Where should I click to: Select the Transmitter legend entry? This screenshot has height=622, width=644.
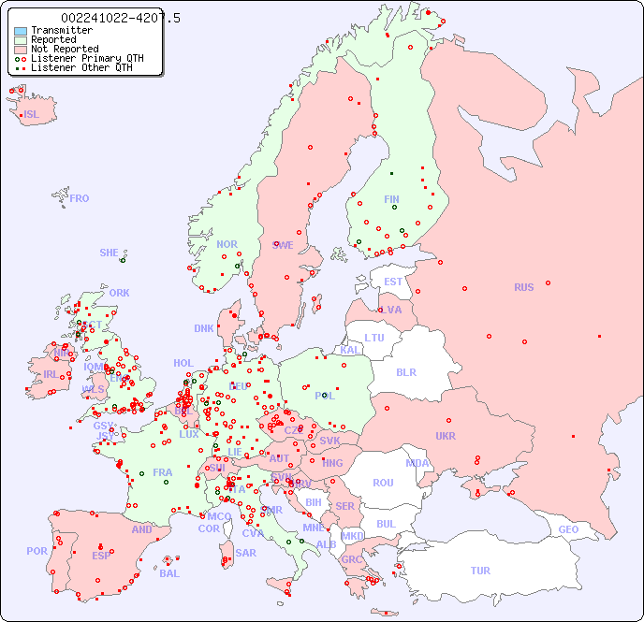(x=61, y=31)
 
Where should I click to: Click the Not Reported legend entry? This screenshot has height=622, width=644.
(x=64, y=49)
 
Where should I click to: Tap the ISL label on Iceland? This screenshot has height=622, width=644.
(x=32, y=115)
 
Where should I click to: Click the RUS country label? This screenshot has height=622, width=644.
(x=523, y=287)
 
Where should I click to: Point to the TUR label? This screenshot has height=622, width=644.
(x=480, y=571)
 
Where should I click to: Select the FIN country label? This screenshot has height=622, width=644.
(x=391, y=199)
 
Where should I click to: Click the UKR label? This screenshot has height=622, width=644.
(x=446, y=436)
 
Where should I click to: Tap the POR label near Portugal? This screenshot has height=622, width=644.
(x=37, y=551)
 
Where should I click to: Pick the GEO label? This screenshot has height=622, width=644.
(x=568, y=529)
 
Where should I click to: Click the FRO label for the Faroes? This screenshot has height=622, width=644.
(x=80, y=198)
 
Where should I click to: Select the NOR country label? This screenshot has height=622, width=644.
(x=227, y=244)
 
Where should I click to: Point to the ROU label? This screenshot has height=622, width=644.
(x=383, y=483)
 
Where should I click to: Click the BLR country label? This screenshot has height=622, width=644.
(x=405, y=371)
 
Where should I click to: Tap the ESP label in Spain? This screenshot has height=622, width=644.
(x=101, y=555)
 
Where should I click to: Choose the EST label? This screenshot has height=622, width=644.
(x=393, y=282)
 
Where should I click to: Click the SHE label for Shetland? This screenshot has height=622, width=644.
(x=110, y=253)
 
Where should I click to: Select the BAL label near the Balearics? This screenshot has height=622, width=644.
(x=168, y=573)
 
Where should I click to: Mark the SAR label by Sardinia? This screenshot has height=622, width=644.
(x=245, y=553)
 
